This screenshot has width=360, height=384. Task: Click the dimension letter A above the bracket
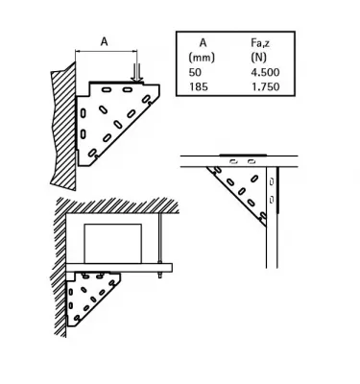coord(103,40)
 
